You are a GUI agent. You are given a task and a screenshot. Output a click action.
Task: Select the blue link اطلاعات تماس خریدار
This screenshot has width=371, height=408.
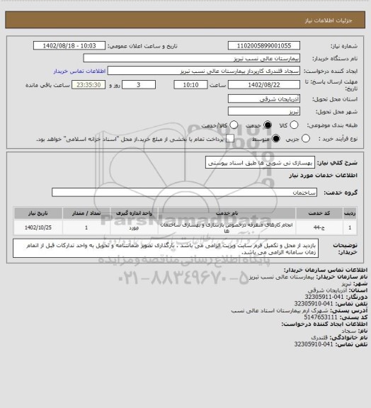tap(79, 72)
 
